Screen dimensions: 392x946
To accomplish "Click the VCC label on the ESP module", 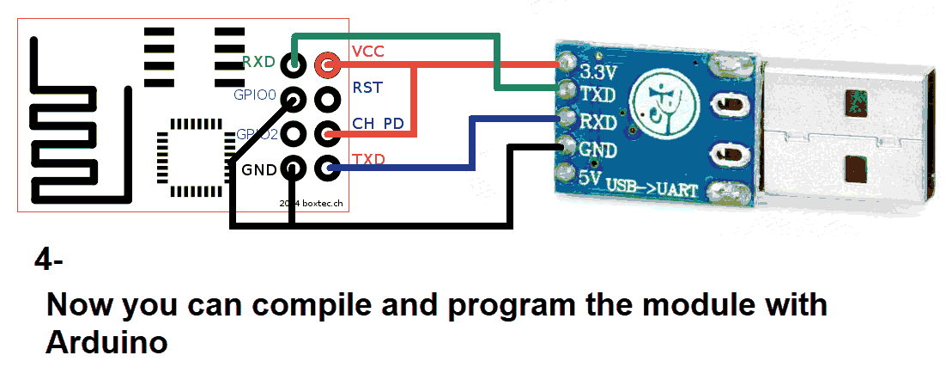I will (x=367, y=52).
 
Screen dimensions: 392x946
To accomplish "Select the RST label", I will (x=367, y=88).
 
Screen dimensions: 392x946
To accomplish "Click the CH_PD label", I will (x=378, y=124).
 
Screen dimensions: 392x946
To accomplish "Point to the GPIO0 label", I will (x=254, y=95).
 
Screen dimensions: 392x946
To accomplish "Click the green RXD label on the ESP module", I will (x=258, y=62).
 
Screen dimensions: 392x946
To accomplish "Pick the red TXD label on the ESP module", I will (x=368, y=160).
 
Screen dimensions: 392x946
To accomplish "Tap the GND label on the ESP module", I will (x=258, y=169).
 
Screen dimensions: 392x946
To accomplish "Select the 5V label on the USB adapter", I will (x=590, y=178).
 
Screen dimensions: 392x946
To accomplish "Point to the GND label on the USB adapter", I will (x=598, y=150).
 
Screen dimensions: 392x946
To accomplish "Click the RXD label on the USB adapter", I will (x=598, y=122).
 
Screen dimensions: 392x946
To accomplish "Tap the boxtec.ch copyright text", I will (x=312, y=203).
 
